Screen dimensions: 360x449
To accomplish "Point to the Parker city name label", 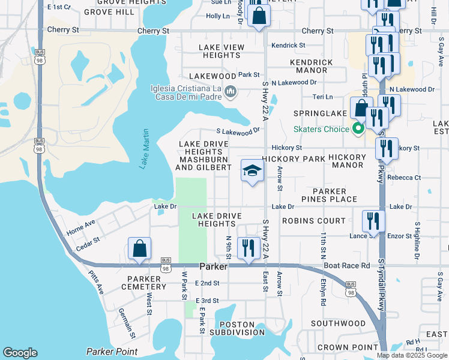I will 213,266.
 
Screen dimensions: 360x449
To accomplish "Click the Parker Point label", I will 112,352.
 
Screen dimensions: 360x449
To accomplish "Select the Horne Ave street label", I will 81,227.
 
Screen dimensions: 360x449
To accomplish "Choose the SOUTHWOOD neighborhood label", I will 339,323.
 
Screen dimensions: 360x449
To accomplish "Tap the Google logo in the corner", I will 20,353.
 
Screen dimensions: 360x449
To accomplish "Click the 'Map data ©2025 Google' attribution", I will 411,355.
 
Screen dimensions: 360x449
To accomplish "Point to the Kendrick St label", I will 288,45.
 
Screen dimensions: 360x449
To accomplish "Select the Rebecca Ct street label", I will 404,178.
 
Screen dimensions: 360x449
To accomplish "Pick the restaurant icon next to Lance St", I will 373,221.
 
